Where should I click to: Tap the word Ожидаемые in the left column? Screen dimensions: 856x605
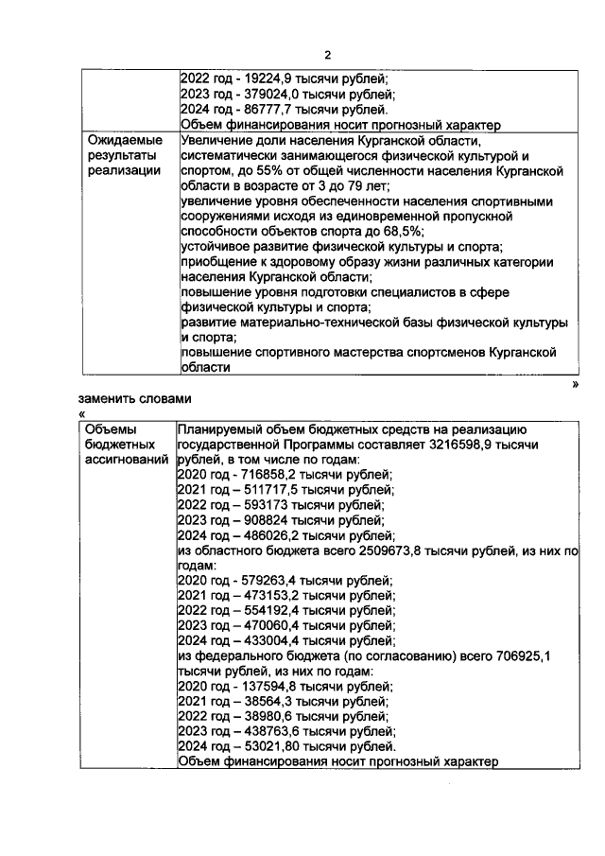tap(122, 140)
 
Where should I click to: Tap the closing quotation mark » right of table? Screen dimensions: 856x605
tap(575, 384)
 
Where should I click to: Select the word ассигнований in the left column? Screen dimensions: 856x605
tap(127, 459)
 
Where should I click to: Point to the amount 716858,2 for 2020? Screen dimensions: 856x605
tap(262, 474)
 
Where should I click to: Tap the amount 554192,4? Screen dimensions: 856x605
tap(262, 610)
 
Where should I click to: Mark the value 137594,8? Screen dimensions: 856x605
tap(262, 687)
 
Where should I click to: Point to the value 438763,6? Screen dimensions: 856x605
tap(262, 732)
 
